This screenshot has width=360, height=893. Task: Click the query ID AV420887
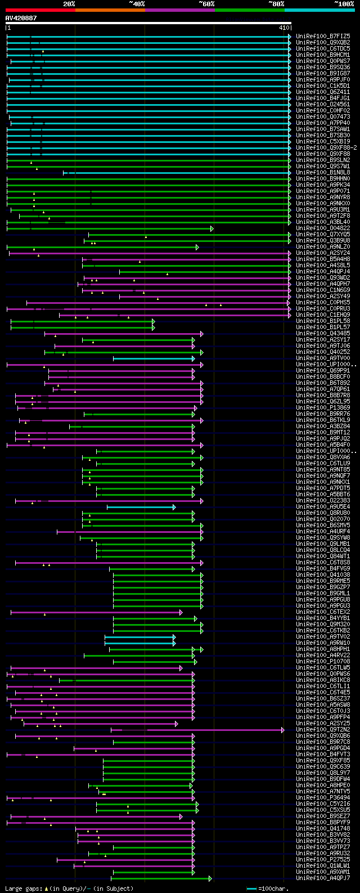21,18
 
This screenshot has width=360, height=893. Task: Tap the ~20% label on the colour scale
69,3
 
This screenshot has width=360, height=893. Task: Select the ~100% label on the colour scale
344,3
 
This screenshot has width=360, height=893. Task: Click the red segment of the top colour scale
40,10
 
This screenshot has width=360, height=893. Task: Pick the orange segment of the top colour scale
110,10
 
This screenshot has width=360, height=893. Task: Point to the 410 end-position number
283,28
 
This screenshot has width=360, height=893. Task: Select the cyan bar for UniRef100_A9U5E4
141,507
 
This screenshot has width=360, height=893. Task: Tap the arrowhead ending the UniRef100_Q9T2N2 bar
283,730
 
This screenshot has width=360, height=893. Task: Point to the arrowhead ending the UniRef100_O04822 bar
212,228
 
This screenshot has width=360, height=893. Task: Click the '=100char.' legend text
273,888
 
